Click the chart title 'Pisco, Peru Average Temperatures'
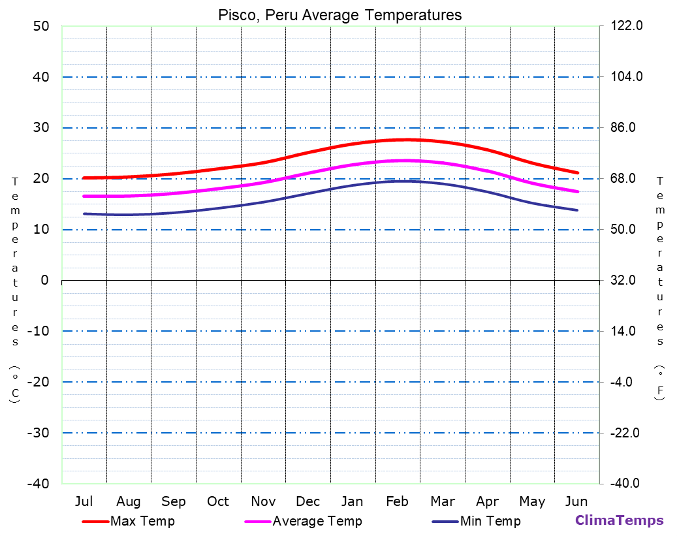point(339,15)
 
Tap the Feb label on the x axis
point(397,501)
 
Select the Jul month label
point(84,501)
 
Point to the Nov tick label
point(263,501)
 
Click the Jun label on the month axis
point(576,501)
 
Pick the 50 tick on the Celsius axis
point(40,26)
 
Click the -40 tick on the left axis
point(37,484)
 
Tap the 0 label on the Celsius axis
point(44,280)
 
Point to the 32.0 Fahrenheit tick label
point(627,280)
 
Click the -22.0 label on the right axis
point(626,433)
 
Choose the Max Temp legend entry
point(142,521)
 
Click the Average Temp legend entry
point(317,521)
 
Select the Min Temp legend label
point(490,521)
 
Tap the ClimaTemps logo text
point(619,520)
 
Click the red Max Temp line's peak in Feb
point(406,140)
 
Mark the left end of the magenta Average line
point(84,196)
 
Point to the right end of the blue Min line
point(577,210)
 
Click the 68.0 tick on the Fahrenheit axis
point(627,178)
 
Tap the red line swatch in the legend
point(95,522)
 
